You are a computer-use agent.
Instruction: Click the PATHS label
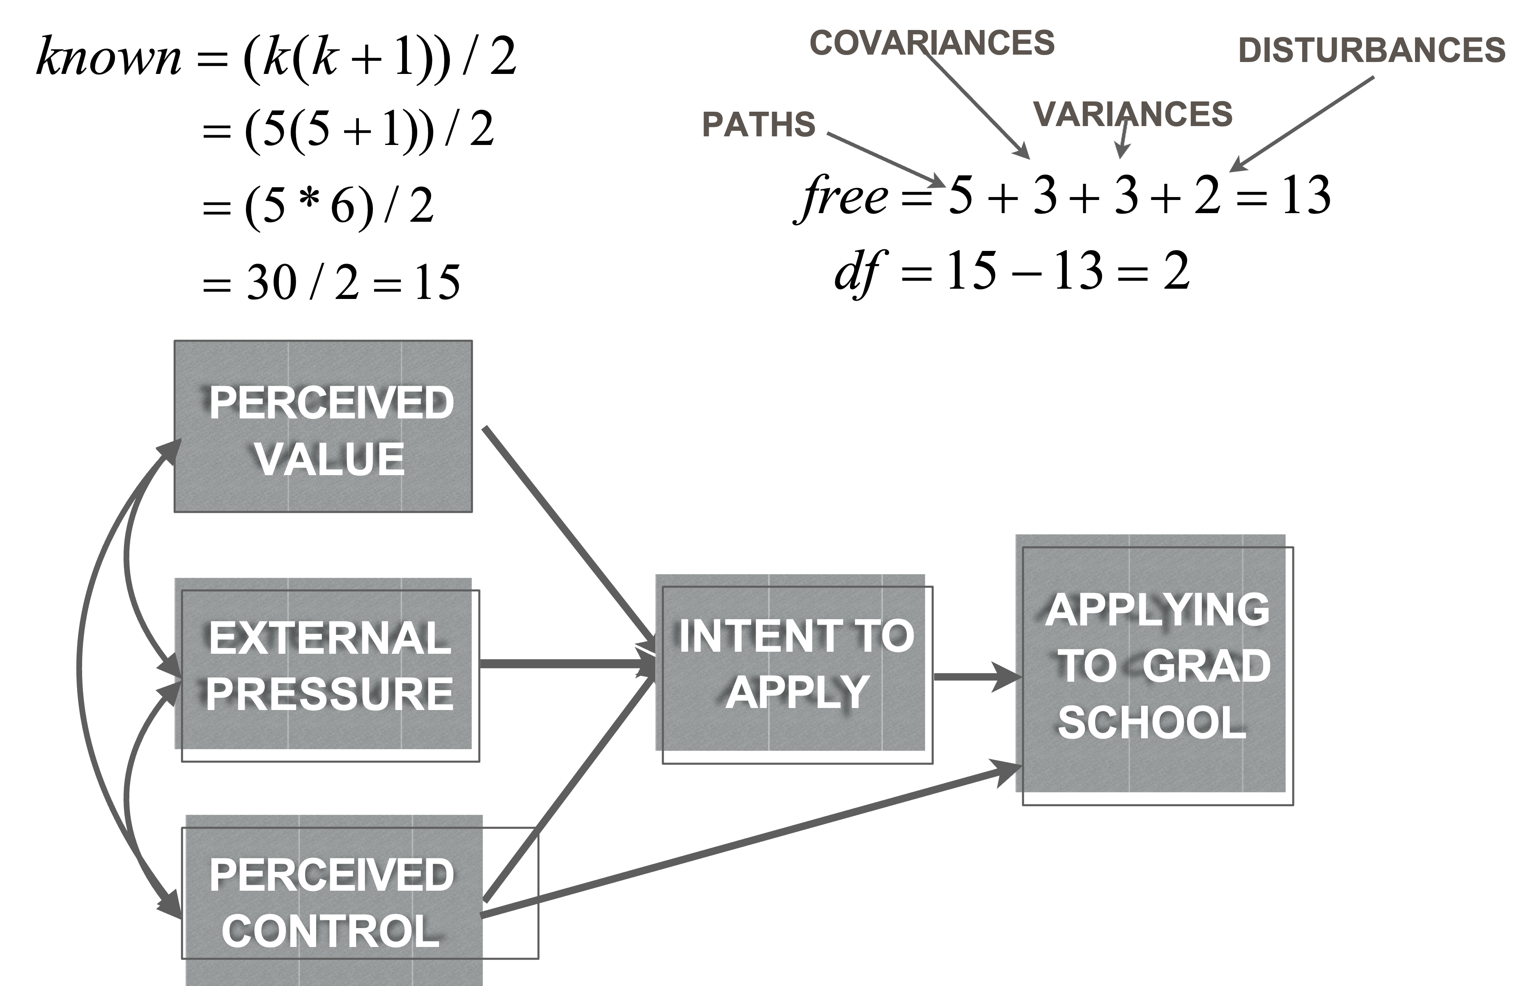coord(758,124)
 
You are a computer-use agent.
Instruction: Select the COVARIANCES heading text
coord(931,43)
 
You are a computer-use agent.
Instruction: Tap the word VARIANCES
coord(1133,114)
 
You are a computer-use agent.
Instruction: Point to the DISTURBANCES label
coord(1371,50)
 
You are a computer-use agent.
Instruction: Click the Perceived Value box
coord(323,426)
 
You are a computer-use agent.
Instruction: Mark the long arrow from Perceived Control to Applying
coord(749,841)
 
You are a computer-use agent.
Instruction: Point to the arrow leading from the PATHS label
coord(887,160)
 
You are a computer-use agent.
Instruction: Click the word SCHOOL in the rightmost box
coord(1151,722)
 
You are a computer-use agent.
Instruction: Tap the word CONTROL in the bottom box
coord(330,931)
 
